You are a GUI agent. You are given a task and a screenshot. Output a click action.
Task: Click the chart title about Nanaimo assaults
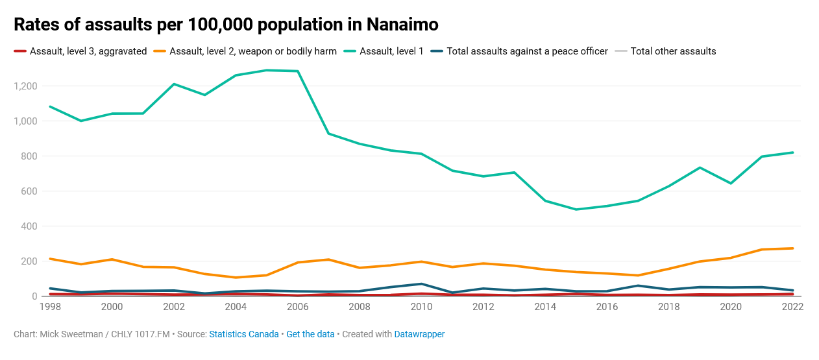pyautogui.click(x=226, y=25)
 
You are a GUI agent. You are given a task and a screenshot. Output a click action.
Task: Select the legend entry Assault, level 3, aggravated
pyautogui.click(x=88, y=51)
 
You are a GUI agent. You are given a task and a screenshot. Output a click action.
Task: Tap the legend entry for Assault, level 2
pyautogui.click(x=252, y=51)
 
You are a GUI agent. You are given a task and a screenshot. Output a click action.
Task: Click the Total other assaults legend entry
pyautogui.click(x=673, y=51)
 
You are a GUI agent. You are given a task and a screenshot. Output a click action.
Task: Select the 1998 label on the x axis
pyautogui.click(x=50, y=307)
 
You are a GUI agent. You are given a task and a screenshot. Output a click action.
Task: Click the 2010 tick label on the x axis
pyautogui.click(x=421, y=307)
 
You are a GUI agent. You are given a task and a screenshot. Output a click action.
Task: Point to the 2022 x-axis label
pyautogui.click(x=792, y=307)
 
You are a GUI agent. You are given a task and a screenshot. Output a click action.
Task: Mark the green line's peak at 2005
pyautogui.click(x=267, y=70)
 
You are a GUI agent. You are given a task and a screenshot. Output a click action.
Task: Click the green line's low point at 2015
pyautogui.click(x=576, y=210)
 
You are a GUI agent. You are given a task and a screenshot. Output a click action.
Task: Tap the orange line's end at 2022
pyautogui.click(x=792, y=248)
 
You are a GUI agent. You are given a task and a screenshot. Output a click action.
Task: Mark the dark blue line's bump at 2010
pyautogui.click(x=421, y=284)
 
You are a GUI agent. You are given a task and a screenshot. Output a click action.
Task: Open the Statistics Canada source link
pyautogui.click(x=243, y=334)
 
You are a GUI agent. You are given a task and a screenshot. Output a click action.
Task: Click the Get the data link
pyautogui.click(x=310, y=334)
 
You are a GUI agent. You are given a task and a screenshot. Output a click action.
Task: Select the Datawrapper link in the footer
pyautogui.click(x=419, y=334)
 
